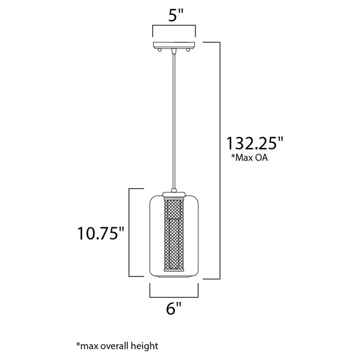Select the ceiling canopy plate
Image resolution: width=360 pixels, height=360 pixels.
coord(174,45)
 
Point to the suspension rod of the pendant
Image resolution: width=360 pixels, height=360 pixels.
coord(174,121)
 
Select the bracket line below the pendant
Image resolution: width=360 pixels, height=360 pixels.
coord(174,297)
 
